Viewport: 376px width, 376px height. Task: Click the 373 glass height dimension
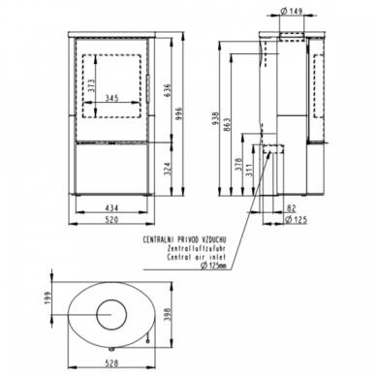91,86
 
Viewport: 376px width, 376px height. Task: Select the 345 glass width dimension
112,98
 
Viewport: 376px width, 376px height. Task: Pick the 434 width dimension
112,208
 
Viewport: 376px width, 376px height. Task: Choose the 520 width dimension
112,220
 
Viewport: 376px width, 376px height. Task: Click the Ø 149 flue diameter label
292,11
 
